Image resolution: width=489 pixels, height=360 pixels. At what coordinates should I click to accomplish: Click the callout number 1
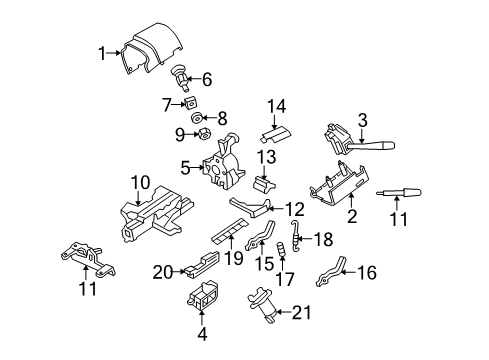(102, 53)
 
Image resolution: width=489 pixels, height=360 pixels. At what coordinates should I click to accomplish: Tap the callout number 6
(207, 79)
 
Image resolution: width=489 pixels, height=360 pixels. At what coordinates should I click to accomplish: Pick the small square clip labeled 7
(190, 102)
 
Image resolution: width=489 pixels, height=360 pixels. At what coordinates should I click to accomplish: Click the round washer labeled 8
(197, 118)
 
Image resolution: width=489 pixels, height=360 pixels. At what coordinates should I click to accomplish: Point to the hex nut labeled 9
(204, 134)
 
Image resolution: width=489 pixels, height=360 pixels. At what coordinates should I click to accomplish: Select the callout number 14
(277, 107)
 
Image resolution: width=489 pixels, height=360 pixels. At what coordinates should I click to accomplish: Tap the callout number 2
(352, 216)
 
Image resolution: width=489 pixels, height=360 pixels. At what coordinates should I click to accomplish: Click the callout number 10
(140, 183)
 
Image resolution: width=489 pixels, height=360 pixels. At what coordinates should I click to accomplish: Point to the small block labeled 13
(265, 184)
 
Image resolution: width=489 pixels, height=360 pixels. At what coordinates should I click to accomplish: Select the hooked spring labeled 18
(295, 236)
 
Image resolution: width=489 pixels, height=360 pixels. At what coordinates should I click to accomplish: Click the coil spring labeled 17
(281, 249)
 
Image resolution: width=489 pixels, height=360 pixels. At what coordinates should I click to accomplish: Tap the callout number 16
(367, 272)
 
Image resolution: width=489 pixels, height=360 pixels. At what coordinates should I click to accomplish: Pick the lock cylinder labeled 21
(263, 304)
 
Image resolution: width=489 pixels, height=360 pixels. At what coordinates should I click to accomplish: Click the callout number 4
(202, 334)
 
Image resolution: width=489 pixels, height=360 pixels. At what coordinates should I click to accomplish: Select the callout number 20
(163, 273)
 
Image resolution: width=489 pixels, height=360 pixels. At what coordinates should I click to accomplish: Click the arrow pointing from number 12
(276, 209)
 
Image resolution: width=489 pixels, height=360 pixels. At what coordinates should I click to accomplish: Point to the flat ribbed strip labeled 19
(230, 231)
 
